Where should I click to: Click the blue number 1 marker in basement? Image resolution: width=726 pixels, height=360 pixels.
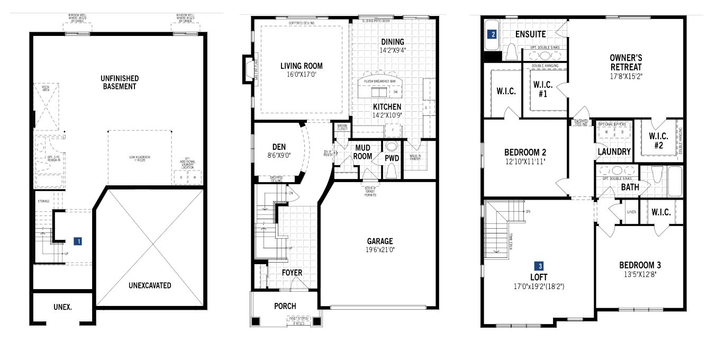point(78,241)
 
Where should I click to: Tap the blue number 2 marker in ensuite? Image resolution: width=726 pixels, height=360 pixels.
point(493,34)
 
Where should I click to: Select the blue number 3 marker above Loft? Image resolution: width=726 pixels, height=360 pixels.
point(540,266)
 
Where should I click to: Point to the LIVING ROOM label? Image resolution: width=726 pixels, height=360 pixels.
point(301,66)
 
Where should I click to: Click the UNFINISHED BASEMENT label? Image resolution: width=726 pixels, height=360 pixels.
point(119,82)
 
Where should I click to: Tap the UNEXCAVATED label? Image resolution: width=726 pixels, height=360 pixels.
point(150,285)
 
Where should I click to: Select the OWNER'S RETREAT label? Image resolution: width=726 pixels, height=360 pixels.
point(625,62)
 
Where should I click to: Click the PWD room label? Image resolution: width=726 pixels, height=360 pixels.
point(392,158)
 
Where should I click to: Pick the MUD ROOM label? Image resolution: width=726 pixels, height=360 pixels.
point(362,151)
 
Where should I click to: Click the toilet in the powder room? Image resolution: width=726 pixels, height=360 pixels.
point(392,170)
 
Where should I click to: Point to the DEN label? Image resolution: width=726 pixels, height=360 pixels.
point(279,147)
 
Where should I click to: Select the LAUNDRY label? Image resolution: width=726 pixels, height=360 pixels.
point(614,152)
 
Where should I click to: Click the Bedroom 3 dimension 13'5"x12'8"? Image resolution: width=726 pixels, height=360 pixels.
point(640,275)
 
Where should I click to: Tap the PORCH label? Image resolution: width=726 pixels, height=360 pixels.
point(285,306)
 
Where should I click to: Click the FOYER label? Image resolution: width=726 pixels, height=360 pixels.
point(292,273)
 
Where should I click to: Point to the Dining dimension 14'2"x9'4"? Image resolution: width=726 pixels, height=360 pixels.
point(392,51)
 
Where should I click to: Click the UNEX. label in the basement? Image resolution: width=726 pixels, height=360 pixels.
point(62,307)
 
